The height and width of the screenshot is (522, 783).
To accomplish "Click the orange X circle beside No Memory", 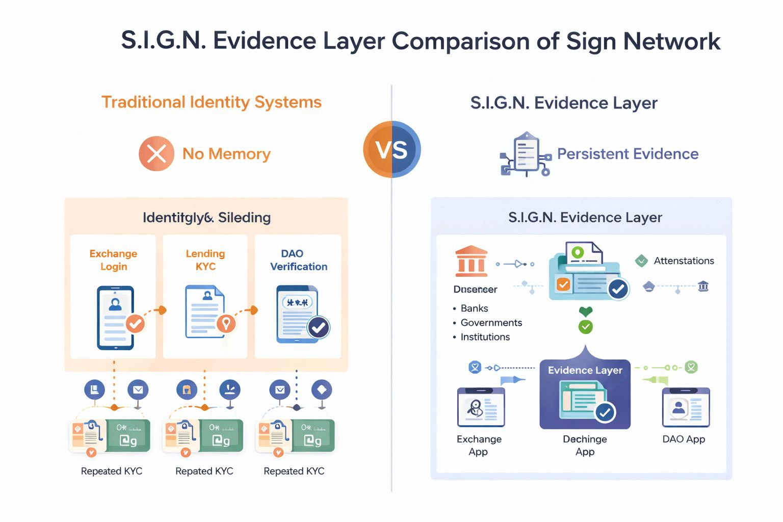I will pyautogui.click(x=156, y=153).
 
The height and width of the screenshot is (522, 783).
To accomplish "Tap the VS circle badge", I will pyautogui.click(x=392, y=149).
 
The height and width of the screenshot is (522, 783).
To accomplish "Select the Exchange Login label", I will pyautogui.click(x=113, y=260).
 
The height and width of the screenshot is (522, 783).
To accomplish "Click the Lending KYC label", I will pyautogui.click(x=205, y=260).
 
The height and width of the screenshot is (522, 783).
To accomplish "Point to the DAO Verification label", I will pyautogui.click(x=298, y=260).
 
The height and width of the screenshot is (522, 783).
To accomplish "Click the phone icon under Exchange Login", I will pyautogui.click(x=116, y=318).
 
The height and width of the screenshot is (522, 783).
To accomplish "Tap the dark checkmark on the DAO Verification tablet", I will pyautogui.click(x=319, y=328).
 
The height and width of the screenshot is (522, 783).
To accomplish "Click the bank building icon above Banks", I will pyautogui.click(x=472, y=261).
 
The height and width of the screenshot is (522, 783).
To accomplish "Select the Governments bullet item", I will pyautogui.click(x=491, y=323).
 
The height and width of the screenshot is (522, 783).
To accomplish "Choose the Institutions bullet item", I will pyautogui.click(x=485, y=337).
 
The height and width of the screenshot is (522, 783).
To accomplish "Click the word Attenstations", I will pyautogui.click(x=684, y=261).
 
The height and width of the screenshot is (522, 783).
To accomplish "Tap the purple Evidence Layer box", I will pyautogui.click(x=585, y=394).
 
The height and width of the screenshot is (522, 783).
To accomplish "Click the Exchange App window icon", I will pyautogui.click(x=481, y=407).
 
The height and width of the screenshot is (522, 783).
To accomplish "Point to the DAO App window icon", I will pyautogui.click(x=686, y=407).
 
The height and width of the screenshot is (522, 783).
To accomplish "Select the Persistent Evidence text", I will pyautogui.click(x=628, y=154).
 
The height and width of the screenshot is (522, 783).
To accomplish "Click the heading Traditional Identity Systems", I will pyautogui.click(x=212, y=102).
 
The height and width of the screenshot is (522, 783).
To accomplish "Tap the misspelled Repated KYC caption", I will pyautogui.click(x=204, y=471).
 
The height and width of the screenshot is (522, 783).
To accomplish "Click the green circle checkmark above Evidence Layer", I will pyautogui.click(x=586, y=327).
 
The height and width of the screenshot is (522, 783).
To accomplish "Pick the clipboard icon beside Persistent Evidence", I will pyautogui.click(x=526, y=153).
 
